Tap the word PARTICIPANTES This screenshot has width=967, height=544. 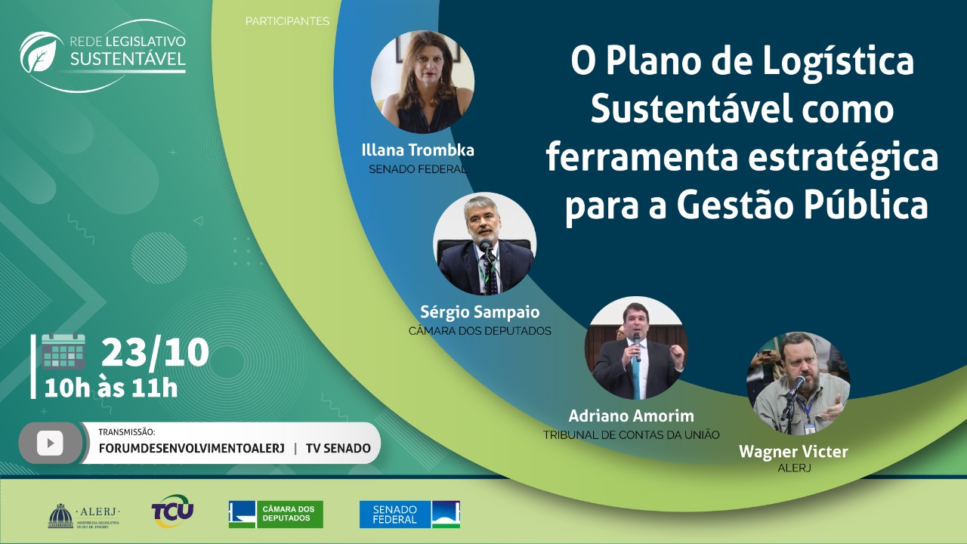287,20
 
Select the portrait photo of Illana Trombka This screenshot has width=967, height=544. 422,82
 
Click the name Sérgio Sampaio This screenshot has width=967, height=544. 480,312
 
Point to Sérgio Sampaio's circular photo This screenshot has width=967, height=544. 484,243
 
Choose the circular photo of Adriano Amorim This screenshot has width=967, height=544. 636,348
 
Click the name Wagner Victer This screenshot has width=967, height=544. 793,452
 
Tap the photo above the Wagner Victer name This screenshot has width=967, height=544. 799,383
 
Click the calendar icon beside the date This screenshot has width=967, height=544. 63,351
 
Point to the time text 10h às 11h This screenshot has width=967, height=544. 111,388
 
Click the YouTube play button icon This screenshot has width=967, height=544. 50,443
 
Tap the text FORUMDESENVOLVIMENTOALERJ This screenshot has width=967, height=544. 192,449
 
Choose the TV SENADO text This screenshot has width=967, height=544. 338,449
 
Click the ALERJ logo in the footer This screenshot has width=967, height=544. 84,515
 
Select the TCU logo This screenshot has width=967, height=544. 173,512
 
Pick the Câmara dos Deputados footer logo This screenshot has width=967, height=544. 276,515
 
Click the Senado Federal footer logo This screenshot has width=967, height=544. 409,515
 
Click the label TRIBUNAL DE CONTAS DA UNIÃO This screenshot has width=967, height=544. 631,434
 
